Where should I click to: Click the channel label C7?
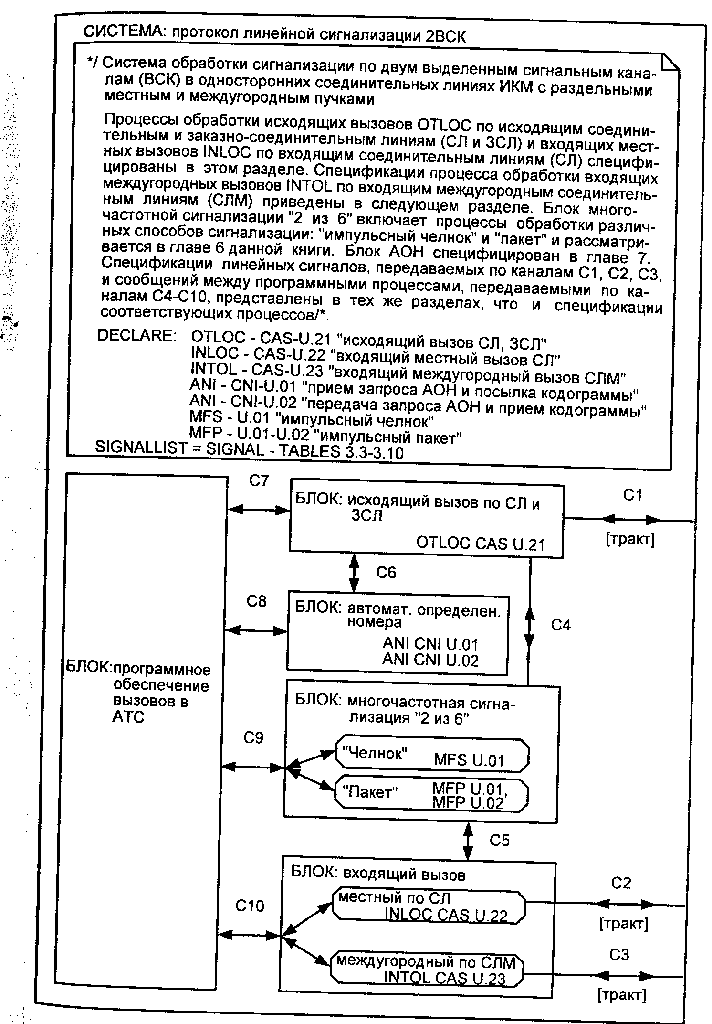259,480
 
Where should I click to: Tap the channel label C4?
561,625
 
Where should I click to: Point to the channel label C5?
499,840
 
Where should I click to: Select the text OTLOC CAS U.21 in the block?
480,543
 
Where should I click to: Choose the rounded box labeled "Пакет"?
432,795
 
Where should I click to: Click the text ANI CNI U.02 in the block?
430,661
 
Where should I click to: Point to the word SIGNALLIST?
141,448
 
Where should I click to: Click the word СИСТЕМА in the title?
124,32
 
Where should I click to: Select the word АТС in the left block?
128,717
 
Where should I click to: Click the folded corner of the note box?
669,64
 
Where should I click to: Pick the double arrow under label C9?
253,767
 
